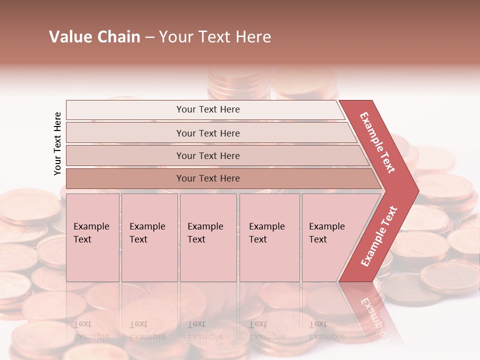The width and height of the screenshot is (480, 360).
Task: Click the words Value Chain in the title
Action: click(94, 37)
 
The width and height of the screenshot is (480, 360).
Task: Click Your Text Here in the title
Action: click(215, 37)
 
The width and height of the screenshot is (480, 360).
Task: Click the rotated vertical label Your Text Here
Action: click(57, 143)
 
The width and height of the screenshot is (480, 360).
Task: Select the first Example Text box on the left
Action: click(92, 238)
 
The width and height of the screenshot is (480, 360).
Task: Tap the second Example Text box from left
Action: click(149, 238)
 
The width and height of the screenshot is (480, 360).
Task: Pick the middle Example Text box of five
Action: click(207, 238)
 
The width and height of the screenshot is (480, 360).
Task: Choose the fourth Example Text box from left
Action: click(269, 238)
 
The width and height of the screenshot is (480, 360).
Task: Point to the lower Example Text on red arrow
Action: click(379, 236)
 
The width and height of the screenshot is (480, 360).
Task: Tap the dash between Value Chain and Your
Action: click(149, 37)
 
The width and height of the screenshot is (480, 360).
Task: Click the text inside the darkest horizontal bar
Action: click(208, 178)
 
